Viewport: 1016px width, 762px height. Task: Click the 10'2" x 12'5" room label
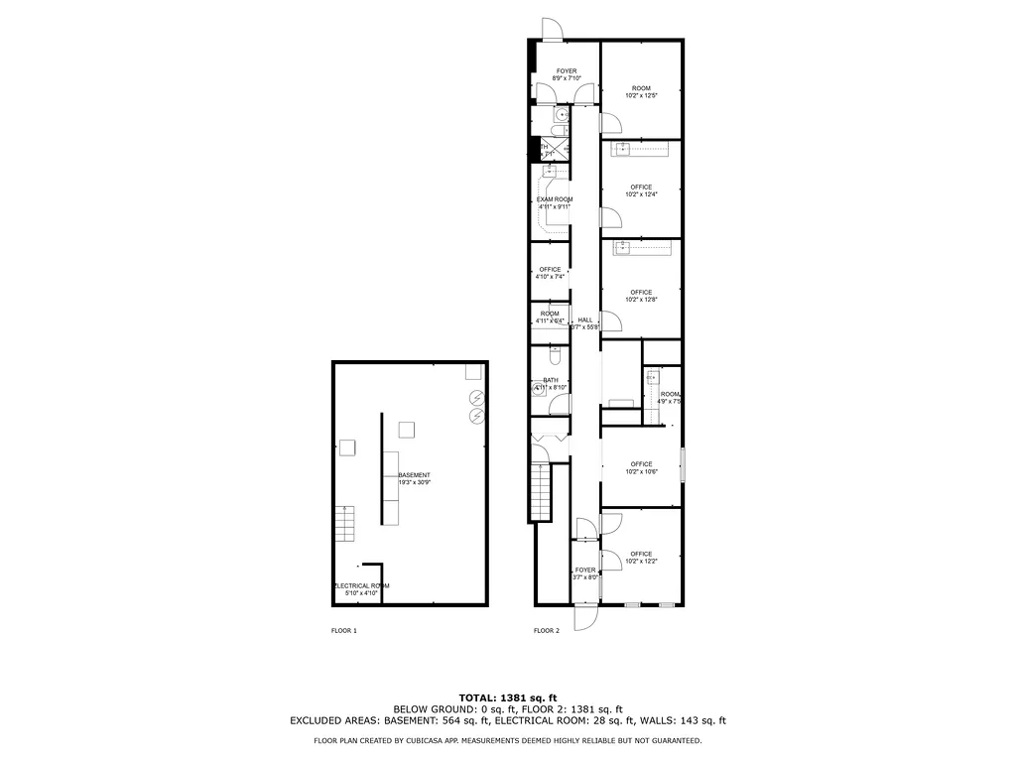tap(641, 92)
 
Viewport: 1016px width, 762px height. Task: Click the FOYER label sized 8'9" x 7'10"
tap(566, 74)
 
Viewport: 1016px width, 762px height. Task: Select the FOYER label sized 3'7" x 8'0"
tap(585, 573)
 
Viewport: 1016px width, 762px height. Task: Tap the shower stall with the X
tap(557, 150)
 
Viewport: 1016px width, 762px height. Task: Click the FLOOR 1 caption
tap(343, 631)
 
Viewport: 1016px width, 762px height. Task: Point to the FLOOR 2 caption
tap(547, 631)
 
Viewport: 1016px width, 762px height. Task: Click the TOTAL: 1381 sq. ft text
tap(508, 697)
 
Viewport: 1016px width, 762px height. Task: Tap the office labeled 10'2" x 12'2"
tap(641, 558)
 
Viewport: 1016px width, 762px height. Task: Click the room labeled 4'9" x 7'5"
tap(671, 398)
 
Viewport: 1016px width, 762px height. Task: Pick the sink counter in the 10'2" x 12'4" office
tap(640, 150)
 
